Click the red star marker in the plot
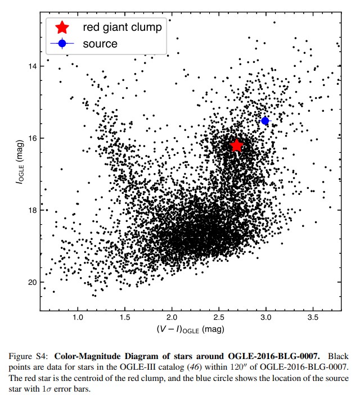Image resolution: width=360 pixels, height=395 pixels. point(236,146)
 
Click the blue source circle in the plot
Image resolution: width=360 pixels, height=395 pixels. point(265,121)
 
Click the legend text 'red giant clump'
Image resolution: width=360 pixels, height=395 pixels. point(122,27)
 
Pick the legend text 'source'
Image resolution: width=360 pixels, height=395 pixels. point(100,43)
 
